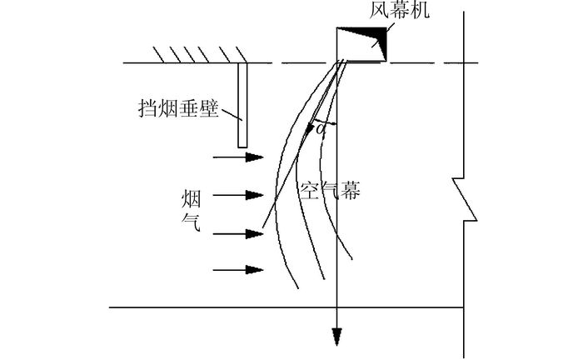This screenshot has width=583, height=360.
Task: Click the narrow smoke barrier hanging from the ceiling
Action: pyautogui.click(x=242, y=105)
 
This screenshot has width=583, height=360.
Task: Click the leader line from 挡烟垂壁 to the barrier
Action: pyautogui.click(x=229, y=116)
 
